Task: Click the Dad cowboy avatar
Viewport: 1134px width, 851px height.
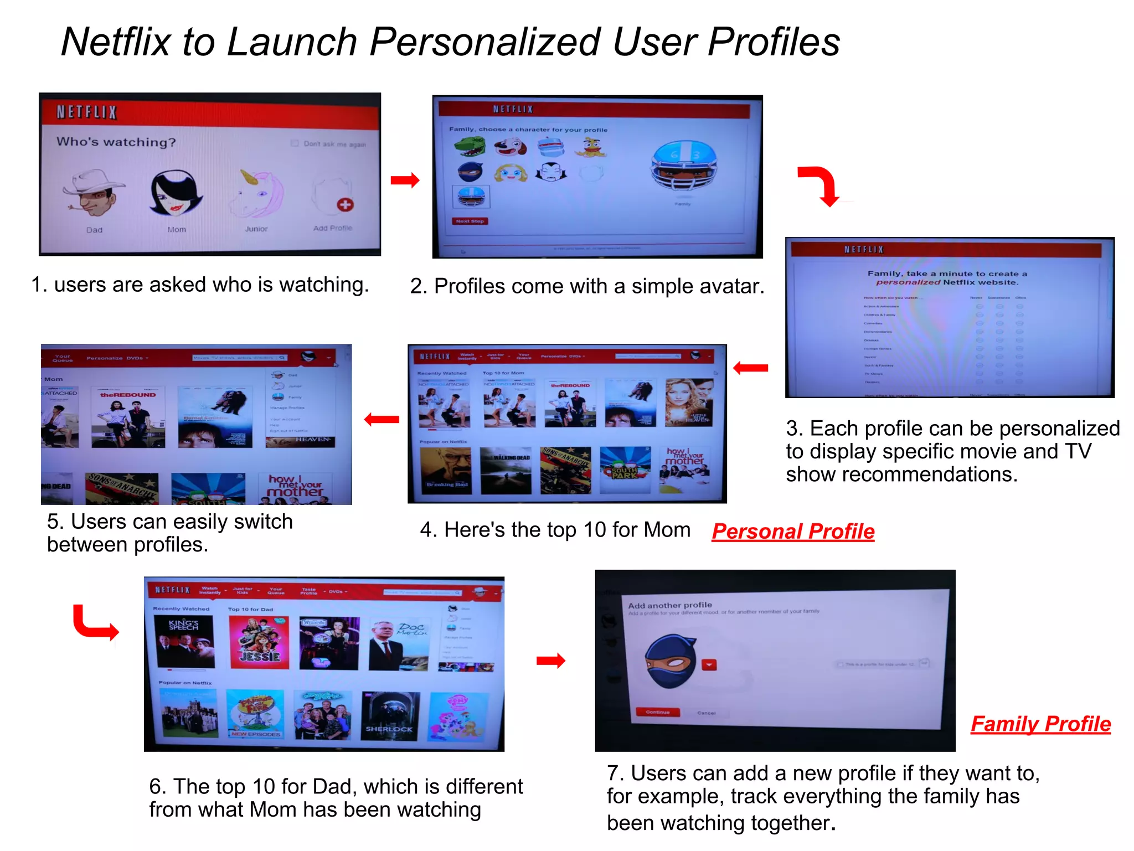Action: point(94,193)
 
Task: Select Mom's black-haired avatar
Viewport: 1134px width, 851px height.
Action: point(176,193)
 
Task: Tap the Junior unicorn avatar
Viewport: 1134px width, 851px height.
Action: point(258,194)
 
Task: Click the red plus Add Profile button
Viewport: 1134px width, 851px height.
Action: point(344,204)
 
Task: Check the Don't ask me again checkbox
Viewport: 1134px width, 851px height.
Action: point(295,143)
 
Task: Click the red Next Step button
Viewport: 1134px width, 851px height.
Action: point(470,221)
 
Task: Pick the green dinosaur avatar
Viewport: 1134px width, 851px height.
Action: point(470,147)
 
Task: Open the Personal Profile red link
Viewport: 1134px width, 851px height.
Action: point(793,532)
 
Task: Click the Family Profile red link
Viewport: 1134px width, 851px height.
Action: point(1040,724)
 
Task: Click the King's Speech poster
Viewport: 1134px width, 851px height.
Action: point(185,642)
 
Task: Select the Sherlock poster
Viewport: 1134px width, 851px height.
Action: point(389,715)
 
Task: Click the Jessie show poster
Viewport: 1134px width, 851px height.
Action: point(259,642)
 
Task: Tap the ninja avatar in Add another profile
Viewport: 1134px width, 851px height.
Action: point(671,662)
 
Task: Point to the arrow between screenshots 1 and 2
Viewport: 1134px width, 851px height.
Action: point(405,180)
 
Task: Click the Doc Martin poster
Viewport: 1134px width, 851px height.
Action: point(399,643)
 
